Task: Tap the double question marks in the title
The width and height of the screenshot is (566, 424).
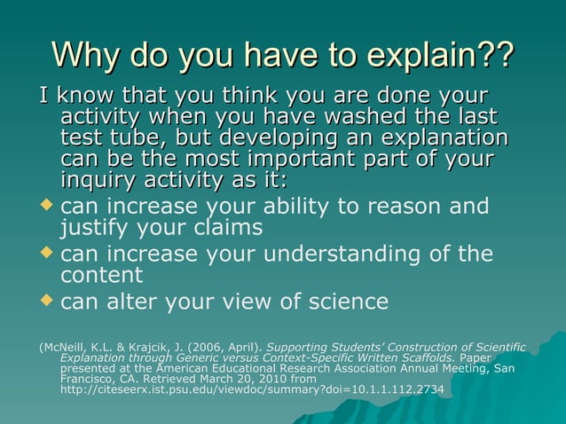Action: click(494, 55)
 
